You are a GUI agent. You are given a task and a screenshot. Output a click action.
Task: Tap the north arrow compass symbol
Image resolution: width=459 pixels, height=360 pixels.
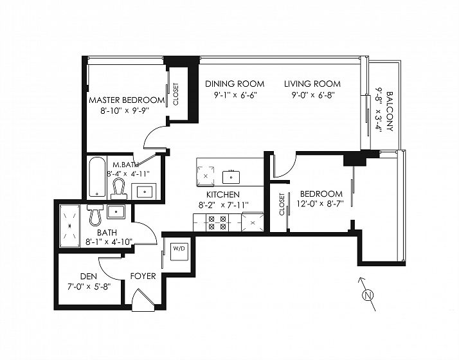[x=367, y=294]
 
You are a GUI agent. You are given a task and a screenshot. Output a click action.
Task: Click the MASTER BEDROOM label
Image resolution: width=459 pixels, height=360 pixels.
[x=127, y=100]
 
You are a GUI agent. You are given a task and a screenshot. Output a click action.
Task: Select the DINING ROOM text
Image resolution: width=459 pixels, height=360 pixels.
[x=235, y=84]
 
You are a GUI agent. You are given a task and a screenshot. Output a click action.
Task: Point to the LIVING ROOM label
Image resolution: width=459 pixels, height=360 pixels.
[x=312, y=84]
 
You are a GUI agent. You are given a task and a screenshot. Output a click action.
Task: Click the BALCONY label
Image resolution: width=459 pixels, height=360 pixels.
[x=390, y=111]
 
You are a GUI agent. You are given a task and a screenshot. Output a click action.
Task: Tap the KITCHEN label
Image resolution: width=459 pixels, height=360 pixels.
[x=223, y=194]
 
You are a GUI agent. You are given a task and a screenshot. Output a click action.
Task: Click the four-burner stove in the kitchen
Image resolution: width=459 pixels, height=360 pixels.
[x=217, y=222]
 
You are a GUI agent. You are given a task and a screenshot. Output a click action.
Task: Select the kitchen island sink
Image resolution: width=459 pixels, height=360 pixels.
[x=231, y=177]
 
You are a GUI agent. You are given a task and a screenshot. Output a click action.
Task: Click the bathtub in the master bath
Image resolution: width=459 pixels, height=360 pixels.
[x=97, y=177]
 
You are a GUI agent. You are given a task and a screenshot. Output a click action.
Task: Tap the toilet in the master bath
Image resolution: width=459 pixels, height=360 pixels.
[x=118, y=188]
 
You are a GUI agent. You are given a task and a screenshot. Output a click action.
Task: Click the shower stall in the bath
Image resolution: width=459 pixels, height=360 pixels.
[x=69, y=226]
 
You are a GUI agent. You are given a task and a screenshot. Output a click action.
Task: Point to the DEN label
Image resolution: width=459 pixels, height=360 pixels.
[x=89, y=276]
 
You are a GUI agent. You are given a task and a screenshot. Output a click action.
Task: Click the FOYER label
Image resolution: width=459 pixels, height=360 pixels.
[x=143, y=276]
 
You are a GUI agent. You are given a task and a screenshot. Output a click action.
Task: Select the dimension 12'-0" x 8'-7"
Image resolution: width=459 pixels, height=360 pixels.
[x=320, y=204]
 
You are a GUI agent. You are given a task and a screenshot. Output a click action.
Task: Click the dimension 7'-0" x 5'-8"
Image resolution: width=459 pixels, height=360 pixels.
[x=89, y=287]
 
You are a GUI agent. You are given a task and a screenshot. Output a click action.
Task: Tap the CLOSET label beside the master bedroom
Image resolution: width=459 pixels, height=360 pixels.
[x=175, y=94]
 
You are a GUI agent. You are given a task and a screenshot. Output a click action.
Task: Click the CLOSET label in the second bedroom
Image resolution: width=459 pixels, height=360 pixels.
[x=282, y=204]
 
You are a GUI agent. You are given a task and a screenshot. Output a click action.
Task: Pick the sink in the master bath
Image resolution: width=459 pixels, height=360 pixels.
[x=145, y=192]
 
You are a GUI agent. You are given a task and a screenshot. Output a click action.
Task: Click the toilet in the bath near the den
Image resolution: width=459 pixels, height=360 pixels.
[x=95, y=215]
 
